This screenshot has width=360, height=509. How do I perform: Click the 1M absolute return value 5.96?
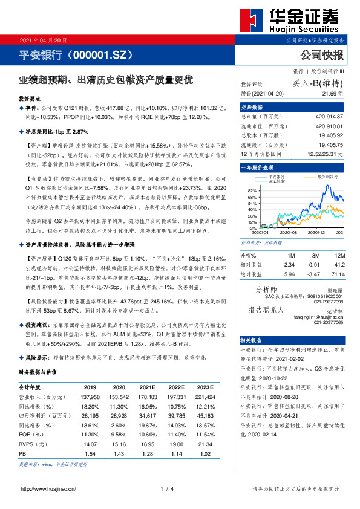tap(289, 274)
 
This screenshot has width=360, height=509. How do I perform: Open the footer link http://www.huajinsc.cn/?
tap(48, 488)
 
